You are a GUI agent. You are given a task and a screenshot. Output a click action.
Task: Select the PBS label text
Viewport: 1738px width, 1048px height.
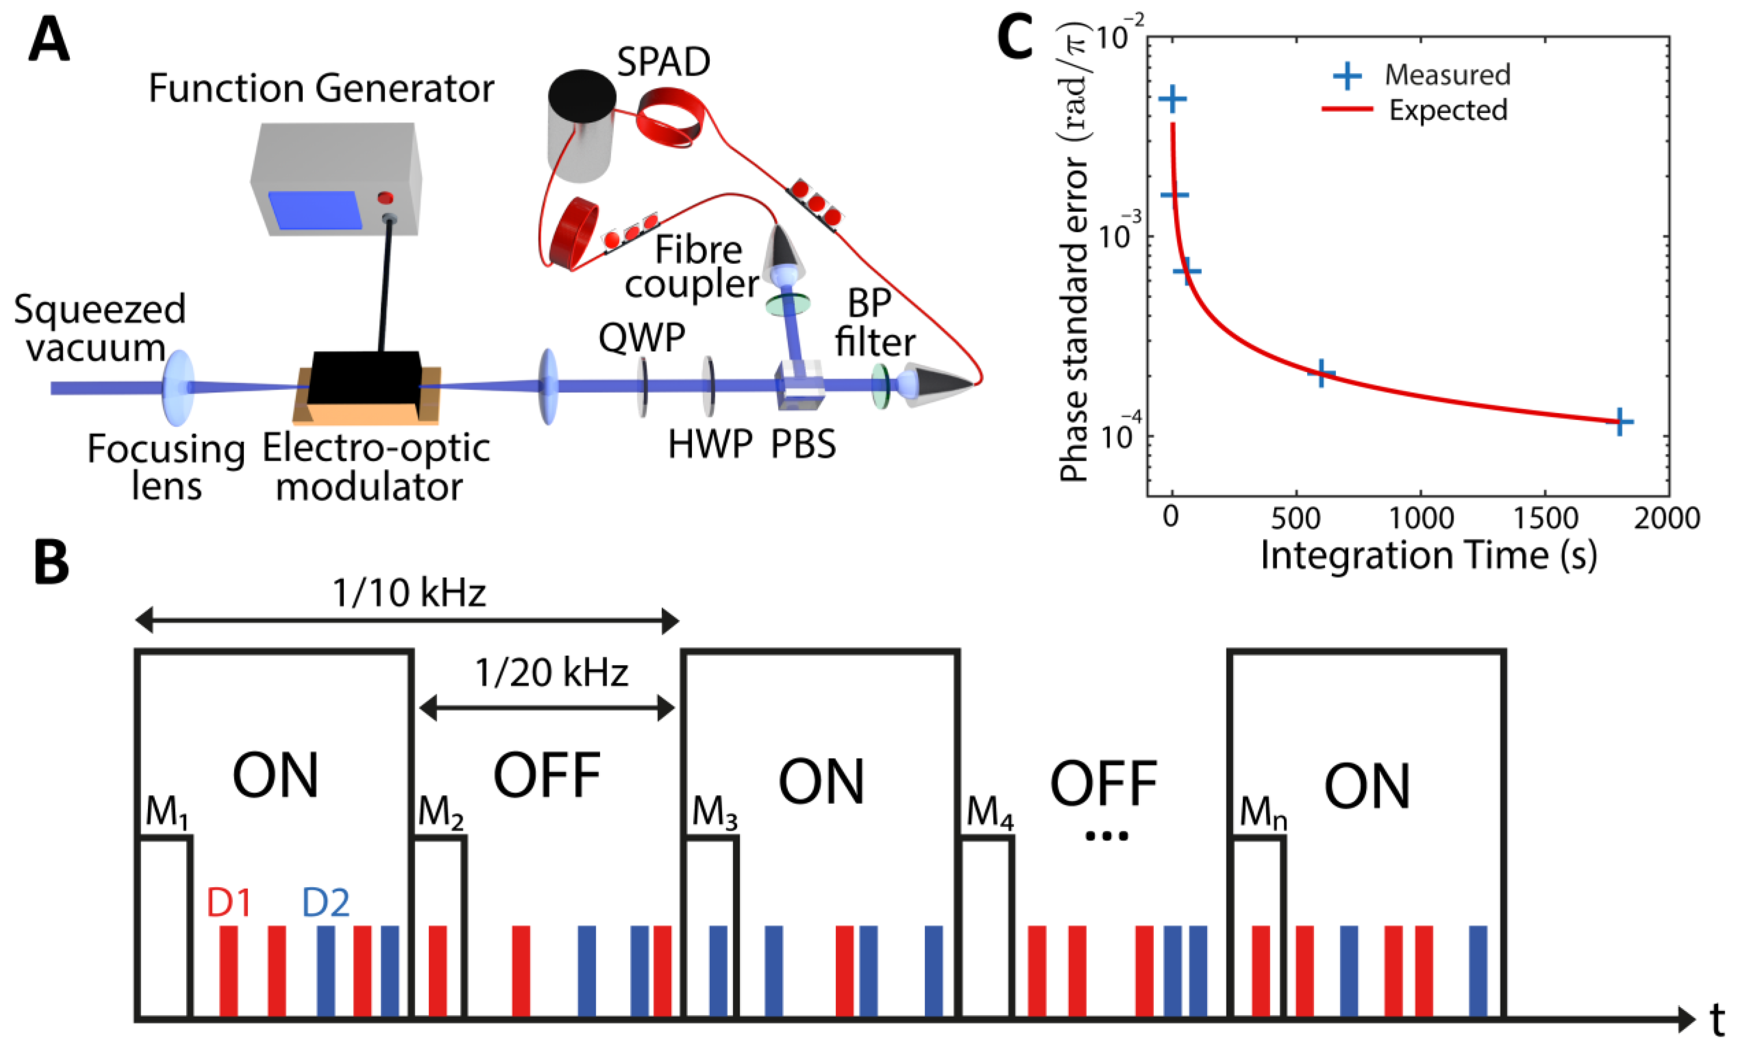tap(803, 445)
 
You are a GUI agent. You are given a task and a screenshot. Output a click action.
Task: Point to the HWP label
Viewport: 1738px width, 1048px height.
tap(710, 445)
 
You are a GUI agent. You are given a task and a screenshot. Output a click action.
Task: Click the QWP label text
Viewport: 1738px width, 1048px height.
tap(641, 337)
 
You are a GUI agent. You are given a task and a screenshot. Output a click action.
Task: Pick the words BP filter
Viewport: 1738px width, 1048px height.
tap(874, 323)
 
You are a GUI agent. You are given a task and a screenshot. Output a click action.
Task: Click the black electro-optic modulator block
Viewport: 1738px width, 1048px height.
tap(365, 378)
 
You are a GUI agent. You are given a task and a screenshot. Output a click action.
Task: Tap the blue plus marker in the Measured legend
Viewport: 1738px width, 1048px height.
tap(1346, 75)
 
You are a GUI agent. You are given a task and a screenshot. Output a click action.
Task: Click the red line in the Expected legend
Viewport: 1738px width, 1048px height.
tap(1346, 110)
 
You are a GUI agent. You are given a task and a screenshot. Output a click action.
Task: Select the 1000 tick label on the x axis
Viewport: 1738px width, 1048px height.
tap(1421, 519)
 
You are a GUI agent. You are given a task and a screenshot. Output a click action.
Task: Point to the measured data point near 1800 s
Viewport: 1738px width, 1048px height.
tap(1621, 422)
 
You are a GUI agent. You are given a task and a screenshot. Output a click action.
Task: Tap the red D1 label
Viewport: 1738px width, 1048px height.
tap(229, 903)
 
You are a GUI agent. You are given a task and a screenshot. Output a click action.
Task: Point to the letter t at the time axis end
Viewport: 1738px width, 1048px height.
tap(1717, 1020)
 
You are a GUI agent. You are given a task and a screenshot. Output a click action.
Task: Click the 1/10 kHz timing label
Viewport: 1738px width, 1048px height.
tap(408, 593)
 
